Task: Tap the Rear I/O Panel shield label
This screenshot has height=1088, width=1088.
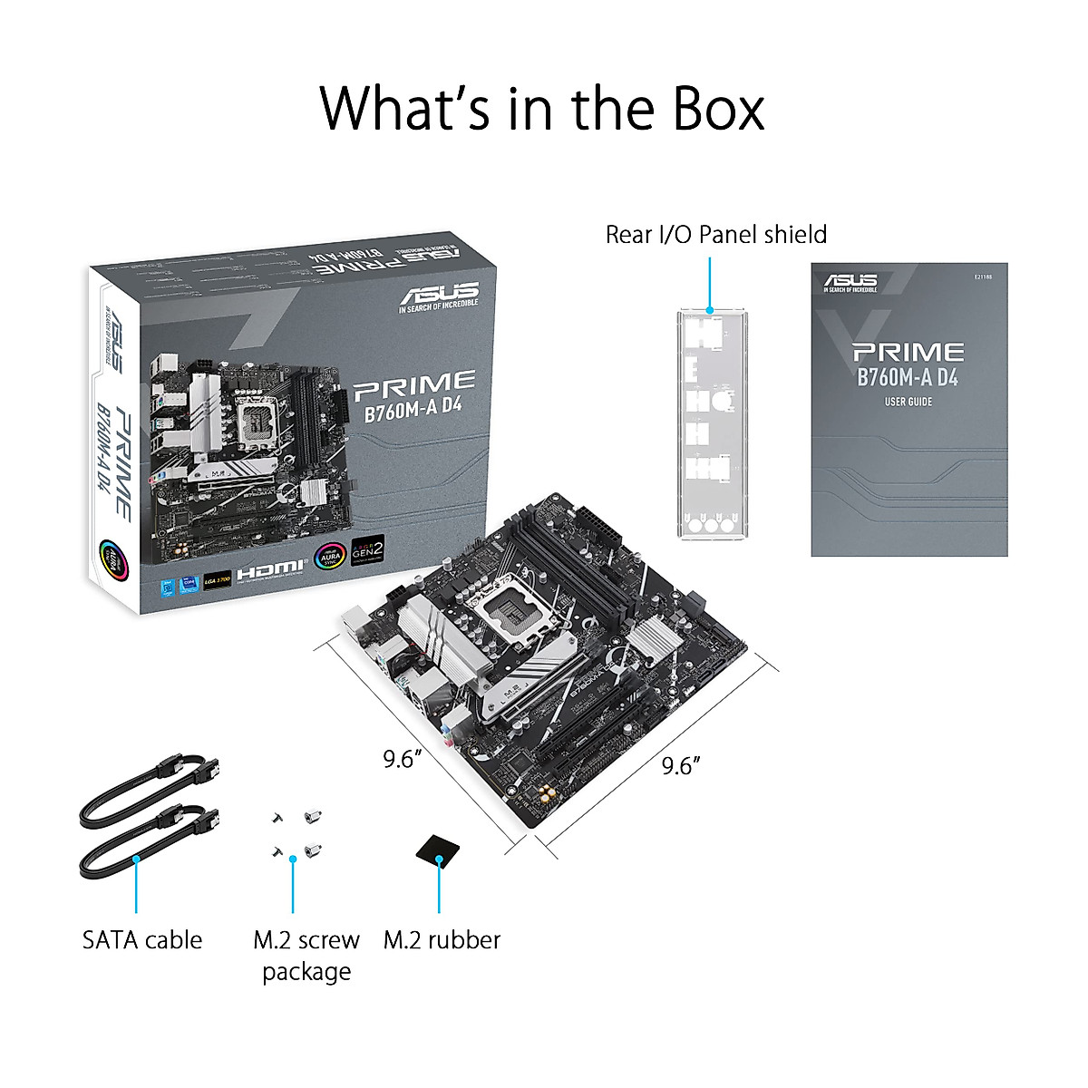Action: (x=715, y=235)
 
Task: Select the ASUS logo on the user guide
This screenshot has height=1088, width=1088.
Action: (x=850, y=282)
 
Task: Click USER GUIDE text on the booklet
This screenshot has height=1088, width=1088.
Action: (x=908, y=402)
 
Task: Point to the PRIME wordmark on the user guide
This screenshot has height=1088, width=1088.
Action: (x=908, y=352)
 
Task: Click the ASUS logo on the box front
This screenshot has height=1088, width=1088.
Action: (x=439, y=296)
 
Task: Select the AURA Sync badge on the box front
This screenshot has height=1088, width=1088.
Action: (x=329, y=556)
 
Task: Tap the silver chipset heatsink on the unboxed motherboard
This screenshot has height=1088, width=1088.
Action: (x=655, y=640)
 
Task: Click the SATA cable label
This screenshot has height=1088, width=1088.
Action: (x=142, y=940)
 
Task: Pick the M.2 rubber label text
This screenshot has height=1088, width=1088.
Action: (x=442, y=940)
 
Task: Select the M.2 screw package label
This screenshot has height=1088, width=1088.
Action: (x=306, y=955)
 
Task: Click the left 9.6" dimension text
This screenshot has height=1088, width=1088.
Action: (x=398, y=759)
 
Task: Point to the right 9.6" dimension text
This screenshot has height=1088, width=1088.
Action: (x=681, y=766)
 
